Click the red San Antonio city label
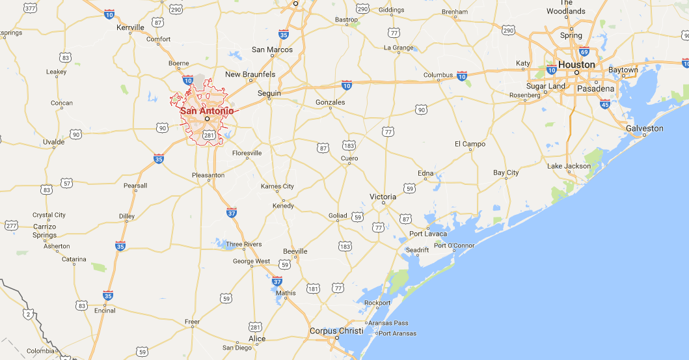[206, 110]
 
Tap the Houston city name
[576, 64]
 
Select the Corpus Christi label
[336, 331]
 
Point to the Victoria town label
[383, 197]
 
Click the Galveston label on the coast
[644, 128]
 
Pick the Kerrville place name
[129, 27]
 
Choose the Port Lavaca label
[428, 234]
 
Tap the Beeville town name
[295, 251]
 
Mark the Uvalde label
[53, 141]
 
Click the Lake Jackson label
[569, 166]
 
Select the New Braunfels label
[250, 74]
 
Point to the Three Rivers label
[244, 245]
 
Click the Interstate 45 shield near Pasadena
[605, 104]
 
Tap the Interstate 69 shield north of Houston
[584, 52]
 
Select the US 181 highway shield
[313, 288]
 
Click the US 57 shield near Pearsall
[66, 183]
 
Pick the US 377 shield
[30, 8]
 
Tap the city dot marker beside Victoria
[383, 203]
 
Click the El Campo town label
[470, 144]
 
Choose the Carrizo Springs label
[45, 230]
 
